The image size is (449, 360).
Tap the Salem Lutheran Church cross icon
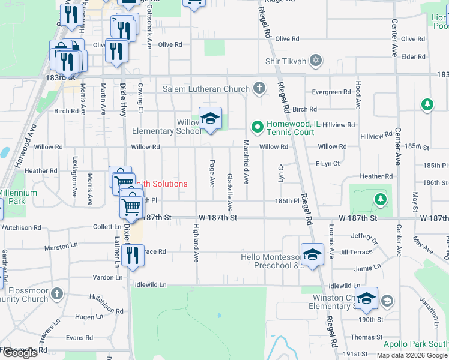pos(259,89)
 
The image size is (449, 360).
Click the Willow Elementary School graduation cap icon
pos(210,119)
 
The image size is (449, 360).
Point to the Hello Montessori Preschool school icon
pos(312,254)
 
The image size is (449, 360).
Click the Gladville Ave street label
pos(230,192)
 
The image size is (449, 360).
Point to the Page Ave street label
pos(212,173)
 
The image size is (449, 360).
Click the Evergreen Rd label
pos(331,92)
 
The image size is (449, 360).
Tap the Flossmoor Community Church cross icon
pos(56,294)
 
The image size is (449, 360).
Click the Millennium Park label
pos(18,197)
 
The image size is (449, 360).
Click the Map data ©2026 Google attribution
pos(412,355)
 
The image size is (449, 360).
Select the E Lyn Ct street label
pos(328,163)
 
